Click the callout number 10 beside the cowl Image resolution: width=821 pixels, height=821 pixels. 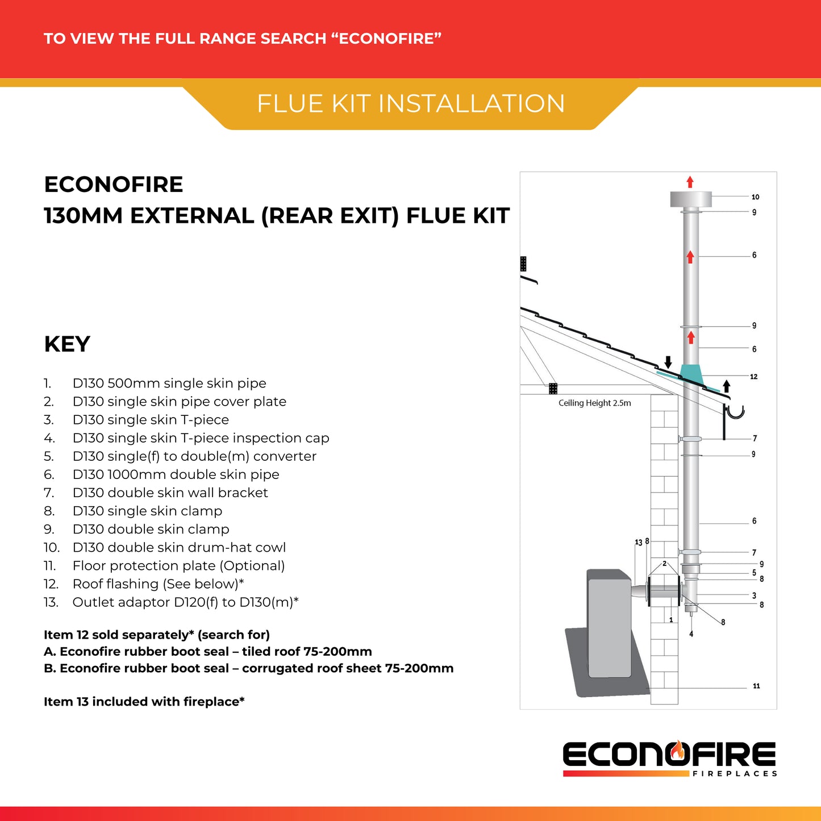(755, 197)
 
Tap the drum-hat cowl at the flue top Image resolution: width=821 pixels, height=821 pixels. (691, 199)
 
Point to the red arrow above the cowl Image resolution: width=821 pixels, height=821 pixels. (690, 182)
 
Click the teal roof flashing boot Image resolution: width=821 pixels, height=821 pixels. (691, 374)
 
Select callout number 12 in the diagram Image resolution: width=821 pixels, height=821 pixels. (753, 377)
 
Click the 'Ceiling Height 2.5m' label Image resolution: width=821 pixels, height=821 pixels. (594, 403)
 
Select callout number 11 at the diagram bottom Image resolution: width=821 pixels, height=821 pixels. (756, 686)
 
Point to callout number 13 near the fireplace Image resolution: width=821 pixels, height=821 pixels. (638, 543)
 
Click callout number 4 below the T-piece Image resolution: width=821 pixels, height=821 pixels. (691, 634)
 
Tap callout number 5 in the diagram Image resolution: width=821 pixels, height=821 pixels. (754, 573)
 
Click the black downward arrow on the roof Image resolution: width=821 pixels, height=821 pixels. (668, 362)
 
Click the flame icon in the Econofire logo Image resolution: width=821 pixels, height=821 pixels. (677, 751)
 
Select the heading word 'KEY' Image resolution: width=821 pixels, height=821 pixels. (67, 344)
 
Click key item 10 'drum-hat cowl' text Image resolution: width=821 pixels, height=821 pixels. (179, 547)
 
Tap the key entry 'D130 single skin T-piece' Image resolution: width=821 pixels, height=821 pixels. (151, 420)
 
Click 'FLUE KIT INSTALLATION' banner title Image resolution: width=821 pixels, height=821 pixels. (411, 104)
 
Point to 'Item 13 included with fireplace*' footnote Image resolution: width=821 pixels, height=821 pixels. (144, 702)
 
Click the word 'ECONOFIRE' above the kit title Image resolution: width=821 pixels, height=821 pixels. (114, 185)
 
